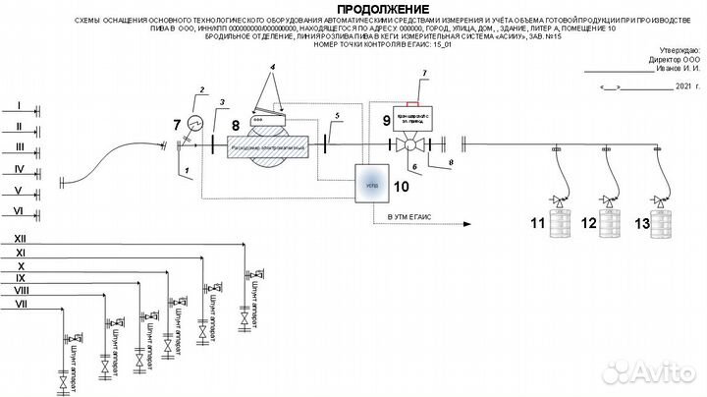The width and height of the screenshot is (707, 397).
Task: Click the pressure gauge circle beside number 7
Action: coord(194,124)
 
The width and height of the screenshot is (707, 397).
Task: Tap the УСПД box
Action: coord(370,184)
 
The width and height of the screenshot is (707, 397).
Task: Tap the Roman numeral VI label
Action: coord(18,211)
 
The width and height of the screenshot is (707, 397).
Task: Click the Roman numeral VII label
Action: coord(21,306)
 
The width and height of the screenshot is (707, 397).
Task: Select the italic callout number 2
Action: coord(202,91)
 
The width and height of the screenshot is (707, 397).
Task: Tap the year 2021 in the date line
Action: coord(684,86)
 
